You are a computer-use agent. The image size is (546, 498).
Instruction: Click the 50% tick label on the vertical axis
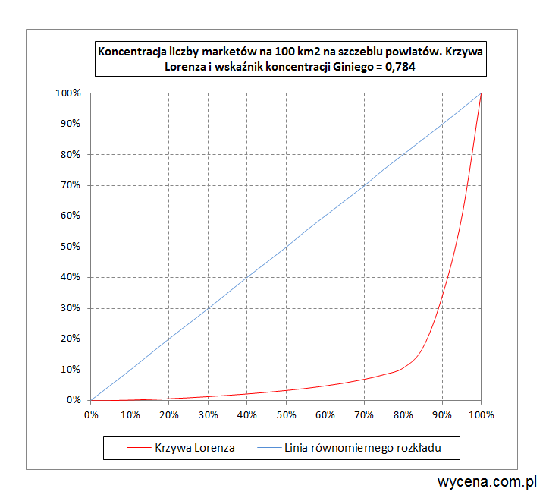[x=70, y=247]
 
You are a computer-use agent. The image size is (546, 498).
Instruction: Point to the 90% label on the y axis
[x=70, y=124]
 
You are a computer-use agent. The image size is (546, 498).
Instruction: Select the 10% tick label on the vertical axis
[x=70, y=370]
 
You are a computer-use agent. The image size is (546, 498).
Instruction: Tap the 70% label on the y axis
[x=70, y=185]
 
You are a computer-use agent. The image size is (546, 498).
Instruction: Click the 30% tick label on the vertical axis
[x=70, y=308]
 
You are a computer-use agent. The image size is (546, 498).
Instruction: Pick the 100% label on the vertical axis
[x=67, y=93]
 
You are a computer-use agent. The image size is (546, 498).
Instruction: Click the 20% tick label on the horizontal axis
[x=169, y=415]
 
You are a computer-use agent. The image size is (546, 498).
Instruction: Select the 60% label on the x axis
[x=325, y=415]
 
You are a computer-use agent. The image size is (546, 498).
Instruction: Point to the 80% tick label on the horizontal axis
[x=403, y=415]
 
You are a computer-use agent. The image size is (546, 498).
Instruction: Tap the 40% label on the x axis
[x=247, y=415]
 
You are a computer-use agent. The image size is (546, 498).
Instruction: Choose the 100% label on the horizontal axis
[x=481, y=415]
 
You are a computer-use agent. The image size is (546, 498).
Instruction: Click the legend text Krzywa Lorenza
[x=194, y=448]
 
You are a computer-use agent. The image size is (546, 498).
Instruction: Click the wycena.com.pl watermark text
[x=488, y=481]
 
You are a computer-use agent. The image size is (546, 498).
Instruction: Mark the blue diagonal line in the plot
[x=286, y=247]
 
